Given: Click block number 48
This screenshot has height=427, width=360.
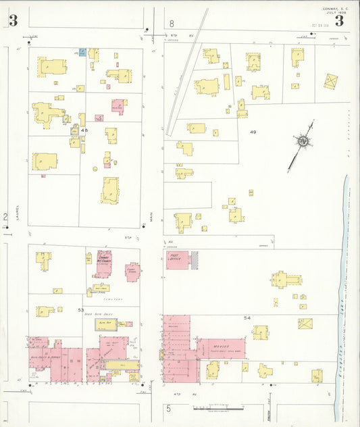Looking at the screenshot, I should point(84,130).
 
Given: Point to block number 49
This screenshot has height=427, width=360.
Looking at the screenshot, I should point(253,131).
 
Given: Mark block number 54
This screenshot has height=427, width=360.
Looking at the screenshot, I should point(247,317).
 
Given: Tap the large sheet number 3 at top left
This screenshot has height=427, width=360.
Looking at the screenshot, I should point(13,20).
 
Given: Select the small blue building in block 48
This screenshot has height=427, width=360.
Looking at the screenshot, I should point(82,52).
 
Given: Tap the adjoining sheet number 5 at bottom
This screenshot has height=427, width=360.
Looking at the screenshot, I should point(168,409).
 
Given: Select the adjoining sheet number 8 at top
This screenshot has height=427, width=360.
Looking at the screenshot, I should point(172,24).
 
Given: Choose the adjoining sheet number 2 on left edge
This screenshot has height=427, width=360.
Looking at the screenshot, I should point(5,217).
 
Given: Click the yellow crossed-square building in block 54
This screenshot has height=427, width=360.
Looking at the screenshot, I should point(305,323).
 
